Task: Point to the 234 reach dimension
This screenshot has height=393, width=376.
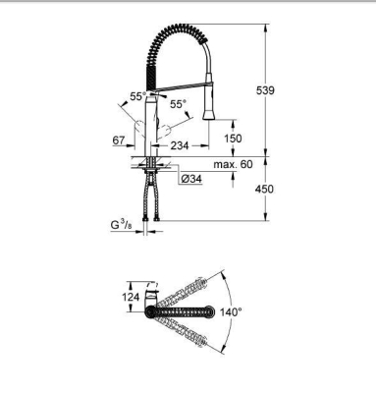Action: coord(179,145)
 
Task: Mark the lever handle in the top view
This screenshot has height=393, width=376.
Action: coord(153,292)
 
